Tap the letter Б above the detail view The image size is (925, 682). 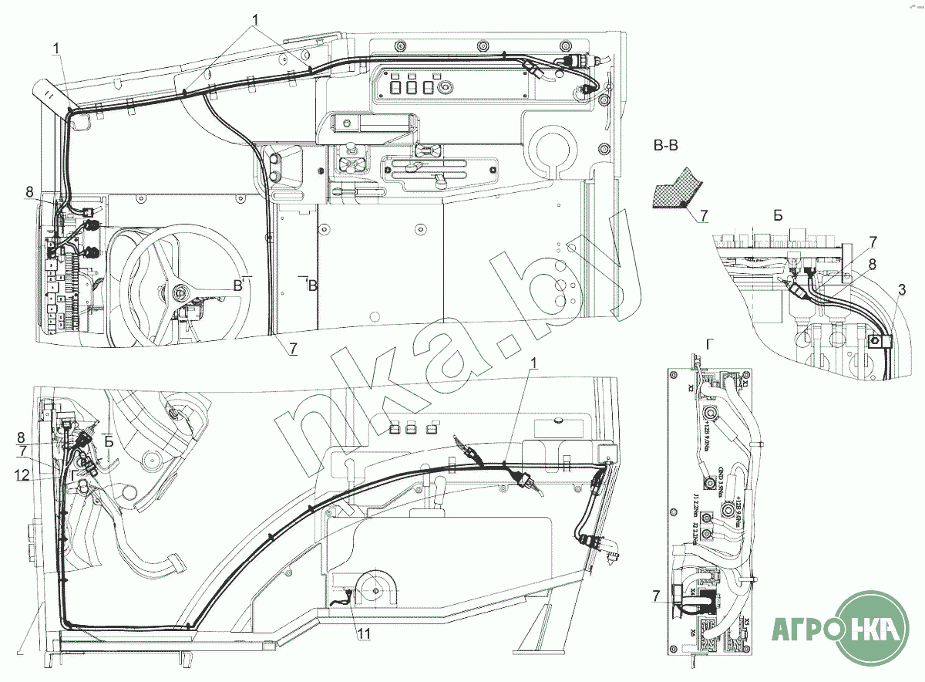[x=779, y=215]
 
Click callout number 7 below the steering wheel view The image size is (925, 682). [x=293, y=348]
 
